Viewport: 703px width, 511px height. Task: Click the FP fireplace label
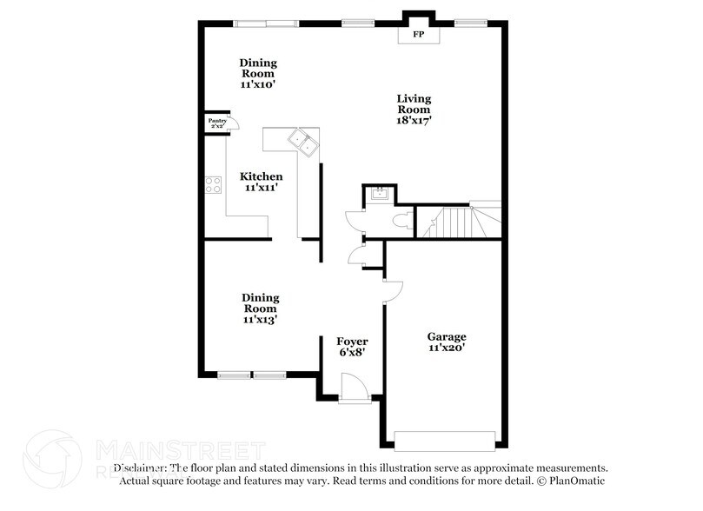click(x=418, y=35)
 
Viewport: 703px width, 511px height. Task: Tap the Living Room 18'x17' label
click(x=415, y=109)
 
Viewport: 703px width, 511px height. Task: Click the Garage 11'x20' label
click(x=447, y=342)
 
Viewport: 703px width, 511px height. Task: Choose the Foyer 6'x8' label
click(x=353, y=347)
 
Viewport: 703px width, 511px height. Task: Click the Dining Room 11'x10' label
click(x=258, y=74)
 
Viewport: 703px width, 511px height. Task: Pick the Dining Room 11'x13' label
click(x=259, y=308)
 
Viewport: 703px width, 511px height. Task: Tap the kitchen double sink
click(x=304, y=140)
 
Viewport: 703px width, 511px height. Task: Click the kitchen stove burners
click(x=212, y=184)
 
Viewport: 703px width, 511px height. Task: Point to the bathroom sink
click(x=378, y=195)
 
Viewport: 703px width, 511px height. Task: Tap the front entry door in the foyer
click(x=354, y=388)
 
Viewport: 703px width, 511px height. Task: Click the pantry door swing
click(x=233, y=123)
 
